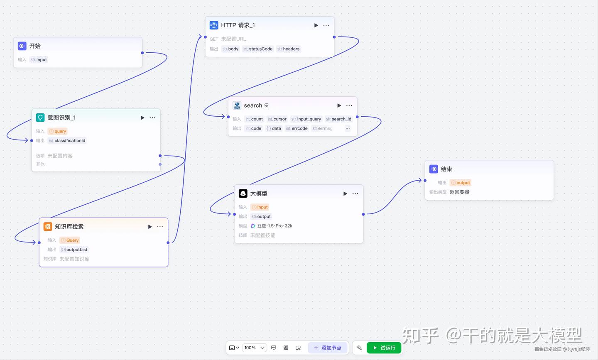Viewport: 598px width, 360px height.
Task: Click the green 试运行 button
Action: click(384, 348)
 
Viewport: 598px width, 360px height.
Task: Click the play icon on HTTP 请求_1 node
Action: click(316, 25)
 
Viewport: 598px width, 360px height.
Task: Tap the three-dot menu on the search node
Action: click(349, 105)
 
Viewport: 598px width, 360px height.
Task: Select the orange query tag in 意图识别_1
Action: click(58, 131)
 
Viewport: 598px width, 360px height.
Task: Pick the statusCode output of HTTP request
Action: click(258, 49)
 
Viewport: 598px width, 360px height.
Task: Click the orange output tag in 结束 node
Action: click(461, 183)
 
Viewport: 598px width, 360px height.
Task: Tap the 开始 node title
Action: click(35, 46)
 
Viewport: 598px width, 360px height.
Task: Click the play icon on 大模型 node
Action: click(345, 193)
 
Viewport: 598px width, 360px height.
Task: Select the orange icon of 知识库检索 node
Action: click(48, 227)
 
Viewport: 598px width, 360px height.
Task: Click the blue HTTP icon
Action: click(214, 25)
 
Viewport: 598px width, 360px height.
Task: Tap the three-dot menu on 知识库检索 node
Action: click(160, 227)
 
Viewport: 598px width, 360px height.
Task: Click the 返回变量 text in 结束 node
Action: click(459, 192)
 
